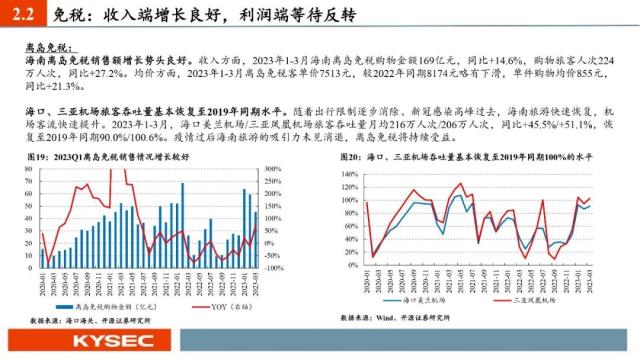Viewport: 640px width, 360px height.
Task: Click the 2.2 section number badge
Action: (x=19, y=13)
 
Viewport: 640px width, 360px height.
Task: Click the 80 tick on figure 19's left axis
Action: (x=27, y=170)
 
